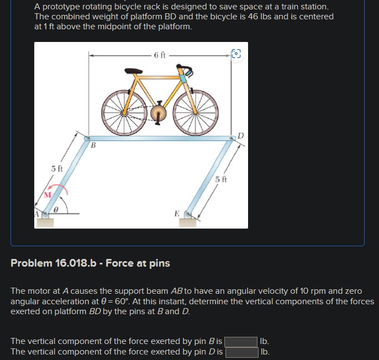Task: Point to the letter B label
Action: [93, 146]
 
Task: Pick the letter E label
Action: [176, 213]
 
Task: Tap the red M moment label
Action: [48, 195]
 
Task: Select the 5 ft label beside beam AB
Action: [57, 168]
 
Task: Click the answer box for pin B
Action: [241, 341]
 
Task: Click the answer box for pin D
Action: [241, 352]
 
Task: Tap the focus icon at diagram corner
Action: [236, 54]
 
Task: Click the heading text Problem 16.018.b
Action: [90, 263]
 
